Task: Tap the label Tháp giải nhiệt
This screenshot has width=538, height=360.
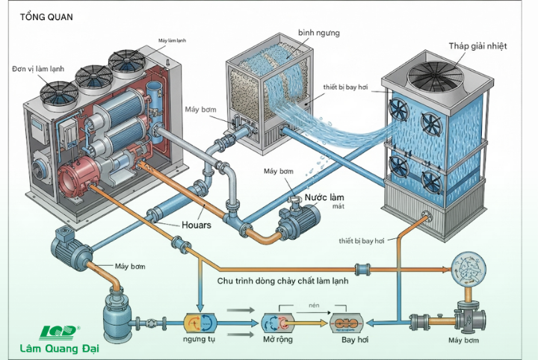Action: point(477,46)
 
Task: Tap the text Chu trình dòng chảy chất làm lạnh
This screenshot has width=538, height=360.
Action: point(283,281)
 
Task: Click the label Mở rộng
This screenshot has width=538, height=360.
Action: point(279,341)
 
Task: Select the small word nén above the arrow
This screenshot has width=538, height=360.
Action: point(314,305)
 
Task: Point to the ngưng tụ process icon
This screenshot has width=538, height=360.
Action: point(200,323)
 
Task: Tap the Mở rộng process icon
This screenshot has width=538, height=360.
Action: point(278,323)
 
